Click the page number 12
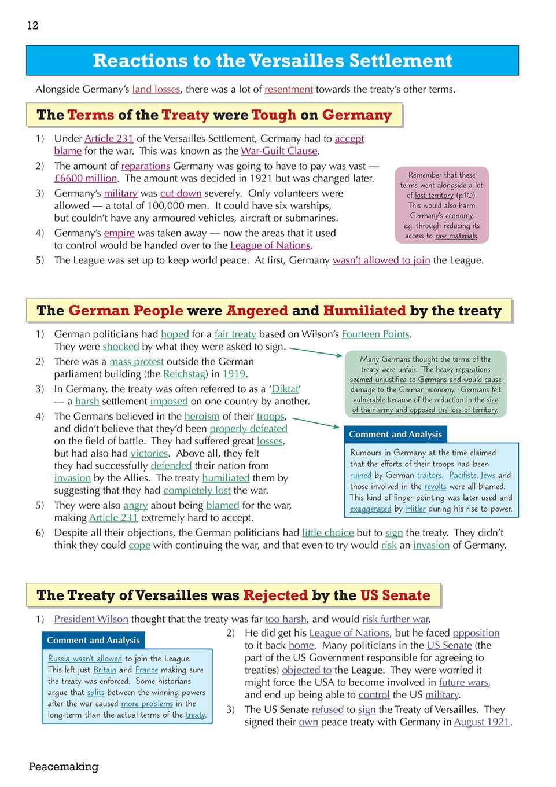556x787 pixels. tap(32, 25)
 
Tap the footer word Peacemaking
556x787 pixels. tap(64, 766)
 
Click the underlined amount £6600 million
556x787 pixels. tap(86, 178)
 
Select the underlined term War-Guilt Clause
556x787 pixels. tap(279, 151)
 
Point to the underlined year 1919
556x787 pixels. tap(234, 374)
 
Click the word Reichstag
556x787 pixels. tap(184, 374)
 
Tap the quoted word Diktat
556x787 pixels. tap(285, 389)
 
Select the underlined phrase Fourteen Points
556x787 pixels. tap(375, 334)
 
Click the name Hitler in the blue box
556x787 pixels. tap(415, 509)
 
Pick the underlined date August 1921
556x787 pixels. tap(481, 722)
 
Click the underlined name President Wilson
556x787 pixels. tap(91, 619)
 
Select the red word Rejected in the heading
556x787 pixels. tap(275, 595)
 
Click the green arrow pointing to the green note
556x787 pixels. tap(316, 351)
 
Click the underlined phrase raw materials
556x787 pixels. tap(456, 236)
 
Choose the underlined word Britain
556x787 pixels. tap(105, 670)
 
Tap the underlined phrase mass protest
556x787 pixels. tap(137, 362)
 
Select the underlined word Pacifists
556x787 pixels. tap(463, 475)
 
